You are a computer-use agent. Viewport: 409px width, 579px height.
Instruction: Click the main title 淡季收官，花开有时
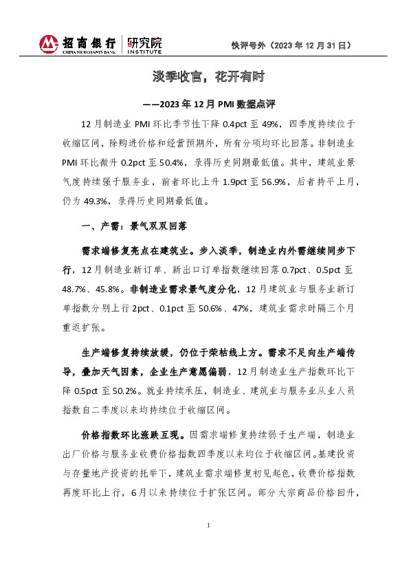[x=204, y=76]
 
